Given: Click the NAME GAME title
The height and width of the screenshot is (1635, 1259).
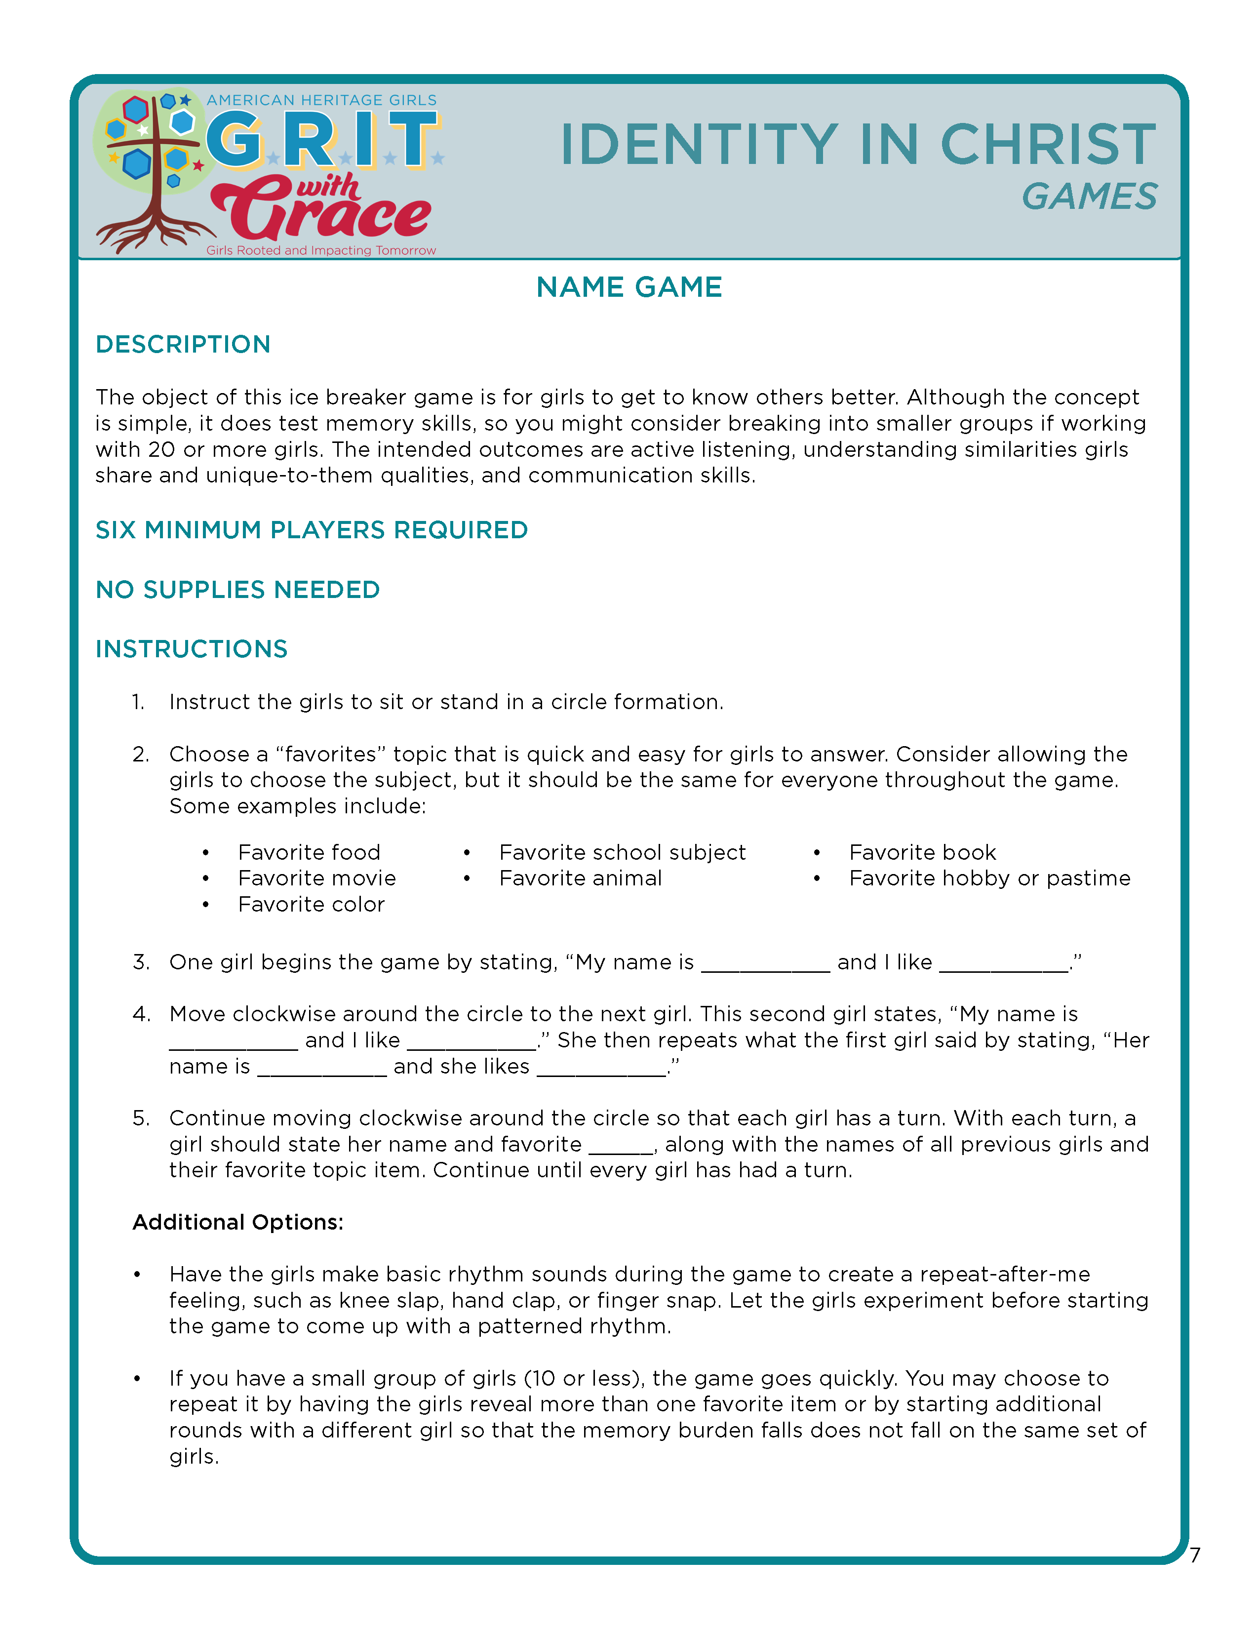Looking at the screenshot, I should click(629, 287).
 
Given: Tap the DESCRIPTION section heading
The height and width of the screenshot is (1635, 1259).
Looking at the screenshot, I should click(183, 344).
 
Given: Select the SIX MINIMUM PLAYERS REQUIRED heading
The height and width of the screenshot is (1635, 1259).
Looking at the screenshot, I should click(312, 530).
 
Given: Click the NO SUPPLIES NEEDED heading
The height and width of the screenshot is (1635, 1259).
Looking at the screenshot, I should click(237, 590).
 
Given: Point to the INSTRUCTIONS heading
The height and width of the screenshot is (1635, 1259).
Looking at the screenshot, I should click(192, 649).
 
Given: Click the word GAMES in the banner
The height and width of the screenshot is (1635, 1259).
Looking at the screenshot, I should click(1089, 197).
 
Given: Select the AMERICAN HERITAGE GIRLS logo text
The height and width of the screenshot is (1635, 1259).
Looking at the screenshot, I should click(322, 100).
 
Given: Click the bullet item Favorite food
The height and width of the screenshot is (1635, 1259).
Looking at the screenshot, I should click(309, 853).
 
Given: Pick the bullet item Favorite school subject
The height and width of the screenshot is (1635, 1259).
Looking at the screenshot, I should click(622, 853).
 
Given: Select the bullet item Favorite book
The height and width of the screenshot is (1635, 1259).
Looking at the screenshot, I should click(922, 853).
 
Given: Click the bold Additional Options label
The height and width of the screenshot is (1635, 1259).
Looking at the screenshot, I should click(237, 1223).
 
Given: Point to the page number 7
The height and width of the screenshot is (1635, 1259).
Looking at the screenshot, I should click(1195, 1555).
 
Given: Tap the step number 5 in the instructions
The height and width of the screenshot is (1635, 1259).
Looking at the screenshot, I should click(141, 1118).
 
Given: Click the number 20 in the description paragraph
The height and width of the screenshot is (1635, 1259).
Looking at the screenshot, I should click(161, 450).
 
